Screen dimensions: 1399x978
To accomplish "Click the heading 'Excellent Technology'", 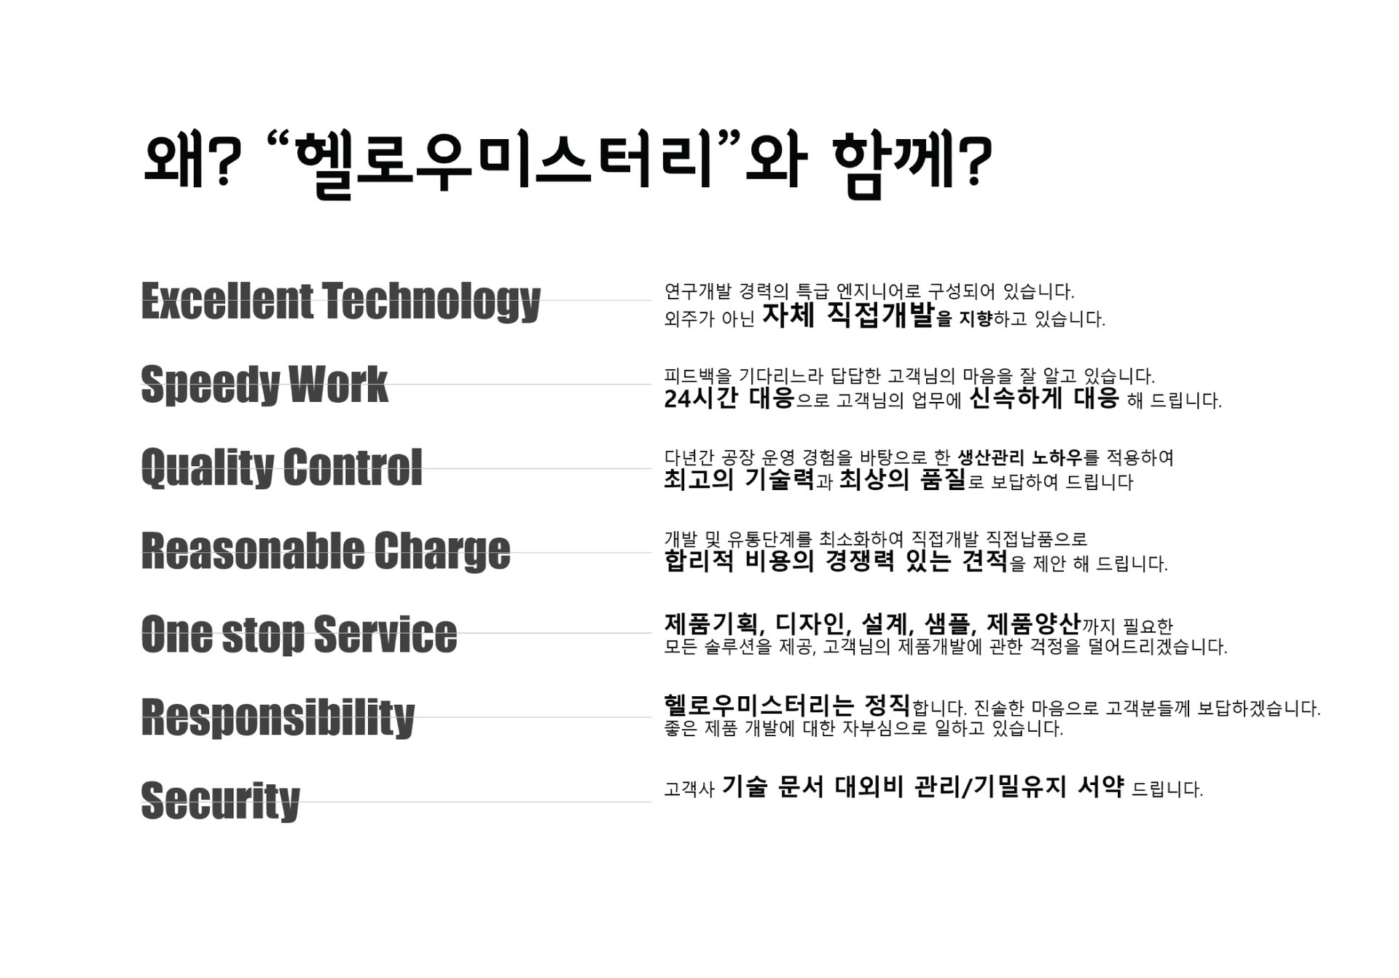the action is (x=340, y=301).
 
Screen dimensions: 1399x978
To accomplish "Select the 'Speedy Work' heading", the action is (x=264, y=384).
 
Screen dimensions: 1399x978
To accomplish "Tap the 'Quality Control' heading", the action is (x=281, y=467).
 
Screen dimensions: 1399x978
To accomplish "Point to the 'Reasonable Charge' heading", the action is (x=326, y=551).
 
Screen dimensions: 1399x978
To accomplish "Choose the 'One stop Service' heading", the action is (x=299, y=634).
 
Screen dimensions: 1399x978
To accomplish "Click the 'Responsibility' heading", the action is (x=278, y=717).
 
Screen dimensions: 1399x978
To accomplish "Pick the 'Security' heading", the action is (x=220, y=800).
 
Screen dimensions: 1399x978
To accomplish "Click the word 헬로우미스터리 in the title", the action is (x=504, y=163).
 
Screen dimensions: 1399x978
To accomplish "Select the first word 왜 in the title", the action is (x=173, y=160).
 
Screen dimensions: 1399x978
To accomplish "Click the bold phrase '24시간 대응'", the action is (x=729, y=398).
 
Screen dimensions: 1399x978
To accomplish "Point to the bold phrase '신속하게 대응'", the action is (x=1043, y=398).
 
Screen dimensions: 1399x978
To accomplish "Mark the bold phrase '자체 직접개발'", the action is (x=848, y=315).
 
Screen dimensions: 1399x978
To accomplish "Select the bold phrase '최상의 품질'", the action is (x=902, y=479).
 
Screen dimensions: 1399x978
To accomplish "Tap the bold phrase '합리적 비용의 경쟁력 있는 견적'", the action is (x=836, y=561).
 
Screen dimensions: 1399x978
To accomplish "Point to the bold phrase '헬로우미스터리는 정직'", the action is (x=787, y=705).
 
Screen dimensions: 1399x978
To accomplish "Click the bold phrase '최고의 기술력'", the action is (x=739, y=479).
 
